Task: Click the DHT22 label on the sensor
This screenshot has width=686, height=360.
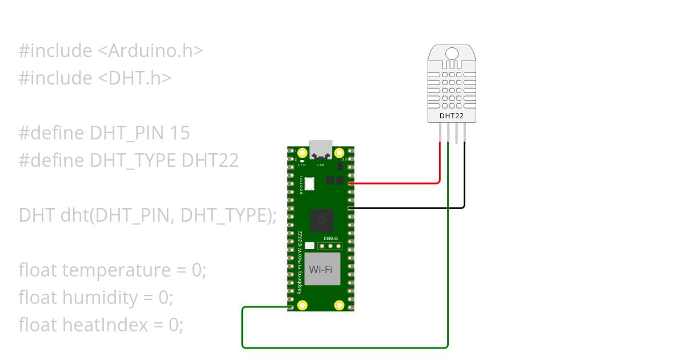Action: [452, 116]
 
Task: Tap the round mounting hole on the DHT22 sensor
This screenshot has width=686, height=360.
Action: [452, 54]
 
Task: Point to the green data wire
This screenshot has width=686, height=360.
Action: [343, 347]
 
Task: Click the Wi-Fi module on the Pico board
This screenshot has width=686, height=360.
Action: [321, 269]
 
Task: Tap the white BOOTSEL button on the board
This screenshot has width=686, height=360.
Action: [310, 184]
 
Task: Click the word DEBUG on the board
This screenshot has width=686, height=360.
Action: [331, 238]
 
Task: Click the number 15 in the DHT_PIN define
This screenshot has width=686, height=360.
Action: [180, 133]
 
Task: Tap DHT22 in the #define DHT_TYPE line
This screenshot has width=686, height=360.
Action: [210, 161]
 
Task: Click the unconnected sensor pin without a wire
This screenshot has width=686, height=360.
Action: [456, 133]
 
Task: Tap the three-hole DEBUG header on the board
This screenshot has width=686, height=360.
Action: [330, 246]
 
